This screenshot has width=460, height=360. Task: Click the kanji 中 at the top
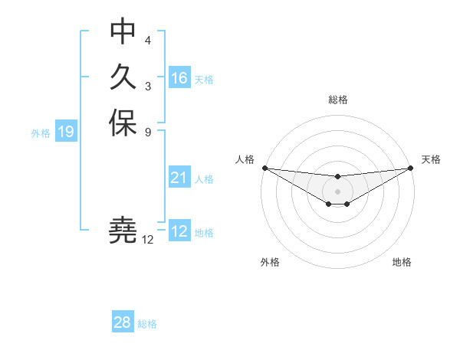pos(123,31)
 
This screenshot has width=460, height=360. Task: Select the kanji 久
pos(123,77)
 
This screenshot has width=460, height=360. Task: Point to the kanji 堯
pos(123,229)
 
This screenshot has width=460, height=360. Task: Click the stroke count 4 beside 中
pos(147,40)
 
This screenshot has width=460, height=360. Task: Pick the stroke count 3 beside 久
pos(147,86)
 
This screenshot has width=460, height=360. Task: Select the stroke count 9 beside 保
pos(147,131)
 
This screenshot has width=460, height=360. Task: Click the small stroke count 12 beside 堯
pos(148,240)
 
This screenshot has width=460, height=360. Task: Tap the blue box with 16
pos(179,78)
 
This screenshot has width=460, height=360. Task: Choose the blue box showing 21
pos(179,178)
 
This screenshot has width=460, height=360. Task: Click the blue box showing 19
pos(66,132)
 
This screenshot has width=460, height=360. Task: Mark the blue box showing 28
pos(123,322)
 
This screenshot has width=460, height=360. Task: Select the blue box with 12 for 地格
pos(179,231)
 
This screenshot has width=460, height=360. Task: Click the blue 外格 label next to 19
pos(41,133)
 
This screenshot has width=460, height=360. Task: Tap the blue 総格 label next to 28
pos(147,324)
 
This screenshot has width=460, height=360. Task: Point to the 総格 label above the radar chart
pos(337,100)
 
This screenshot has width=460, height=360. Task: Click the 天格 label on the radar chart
pos(431,159)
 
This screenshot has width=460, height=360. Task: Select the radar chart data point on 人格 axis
pos(264,168)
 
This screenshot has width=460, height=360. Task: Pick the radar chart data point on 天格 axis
pos(410,168)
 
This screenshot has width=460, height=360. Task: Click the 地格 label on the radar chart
pos(402,262)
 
